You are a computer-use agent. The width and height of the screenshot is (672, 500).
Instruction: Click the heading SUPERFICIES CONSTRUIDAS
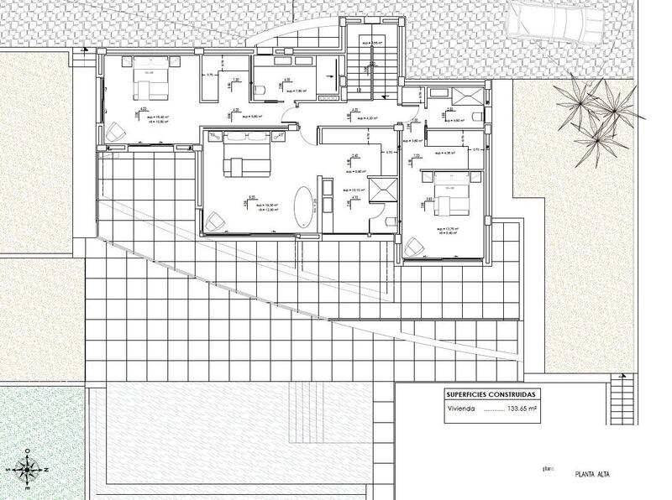pos(493,394)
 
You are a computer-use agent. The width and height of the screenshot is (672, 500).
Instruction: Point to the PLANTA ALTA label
pos(593,475)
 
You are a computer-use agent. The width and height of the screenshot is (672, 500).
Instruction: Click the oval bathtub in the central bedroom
pos(303,206)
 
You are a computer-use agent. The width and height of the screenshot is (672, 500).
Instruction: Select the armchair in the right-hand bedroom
pos(413,249)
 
